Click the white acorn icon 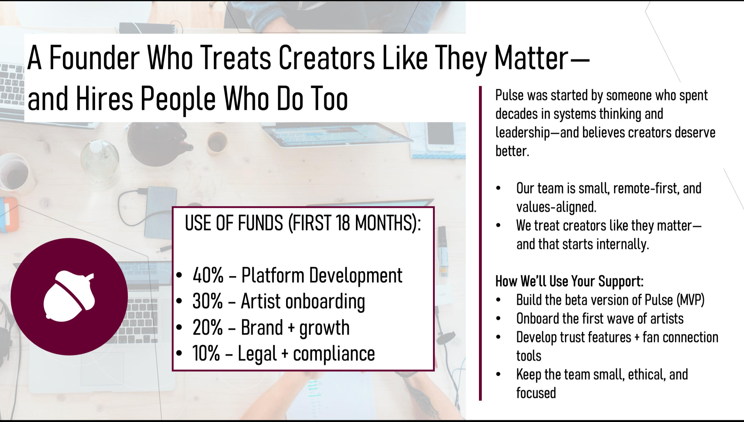pos(69,296)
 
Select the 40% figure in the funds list pos(208,275)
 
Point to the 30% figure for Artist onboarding pos(208,301)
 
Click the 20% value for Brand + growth pos(208,327)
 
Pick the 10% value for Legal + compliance pos(206,353)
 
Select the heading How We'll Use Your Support pos(569,281)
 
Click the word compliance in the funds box pos(334,354)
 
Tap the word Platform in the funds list pos(273,275)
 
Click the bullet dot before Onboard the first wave pos(498,319)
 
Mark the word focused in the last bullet pos(536,393)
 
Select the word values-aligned pos(556,207)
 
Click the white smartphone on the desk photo pos(440,136)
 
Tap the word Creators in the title pos(327,58)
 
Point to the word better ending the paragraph pos(512,151)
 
